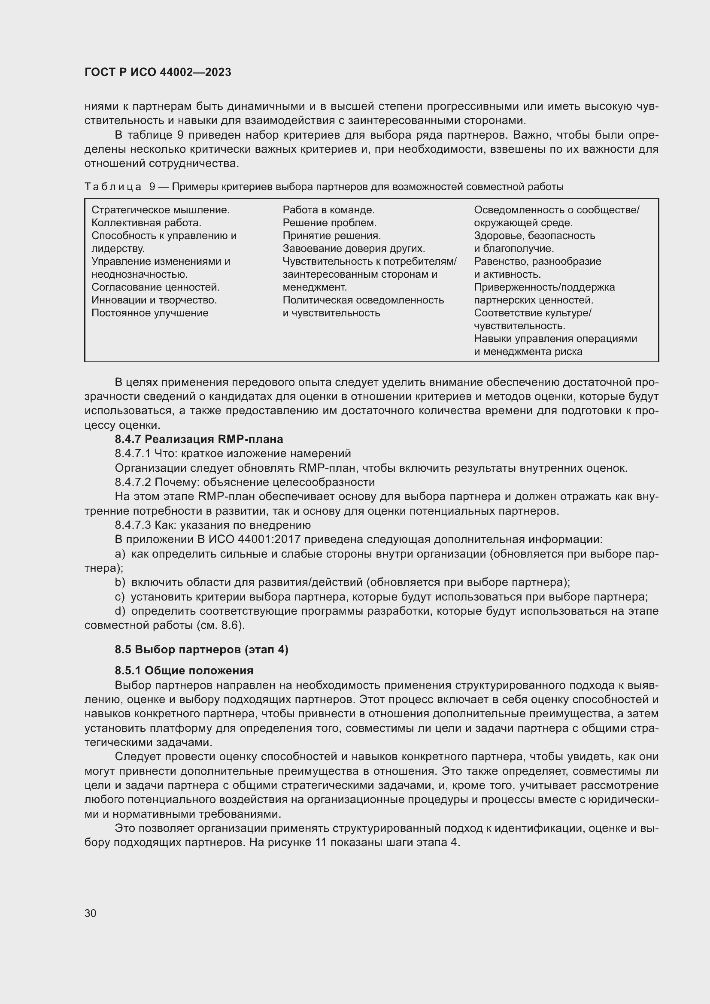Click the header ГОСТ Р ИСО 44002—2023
[158, 73]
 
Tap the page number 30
[91, 913]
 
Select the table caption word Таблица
[113, 187]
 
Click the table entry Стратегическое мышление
[161, 210]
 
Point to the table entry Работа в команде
[328, 210]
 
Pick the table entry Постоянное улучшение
[150, 313]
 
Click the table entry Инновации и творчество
[154, 300]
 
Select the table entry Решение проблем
[329, 223]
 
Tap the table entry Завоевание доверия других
[354, 249]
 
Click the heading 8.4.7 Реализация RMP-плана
[199, 439]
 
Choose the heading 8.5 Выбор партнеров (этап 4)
[202, 649]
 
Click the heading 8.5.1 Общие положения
[184, 670]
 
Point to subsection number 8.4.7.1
[133, 453]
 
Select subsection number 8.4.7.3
[133, 525]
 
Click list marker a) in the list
[120, 554]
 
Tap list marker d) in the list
[120, 611]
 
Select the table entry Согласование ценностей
[155, 287]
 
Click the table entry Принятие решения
[331, 236]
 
